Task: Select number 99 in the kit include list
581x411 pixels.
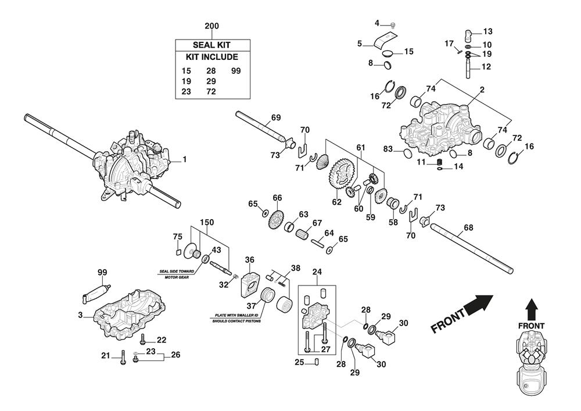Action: pos(236,70)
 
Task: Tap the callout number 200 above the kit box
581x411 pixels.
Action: pos(212,26)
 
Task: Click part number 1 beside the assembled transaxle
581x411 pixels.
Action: pos(184,159)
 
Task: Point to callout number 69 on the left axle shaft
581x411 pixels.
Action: pos(275,117)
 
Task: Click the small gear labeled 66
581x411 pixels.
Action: pos(277,219)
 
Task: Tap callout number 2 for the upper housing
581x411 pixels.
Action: pos(482,90)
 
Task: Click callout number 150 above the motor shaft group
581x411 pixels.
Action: pos(207,222)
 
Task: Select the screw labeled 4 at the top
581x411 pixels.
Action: pos(393,24)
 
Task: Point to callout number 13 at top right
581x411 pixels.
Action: pos(487,31)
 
